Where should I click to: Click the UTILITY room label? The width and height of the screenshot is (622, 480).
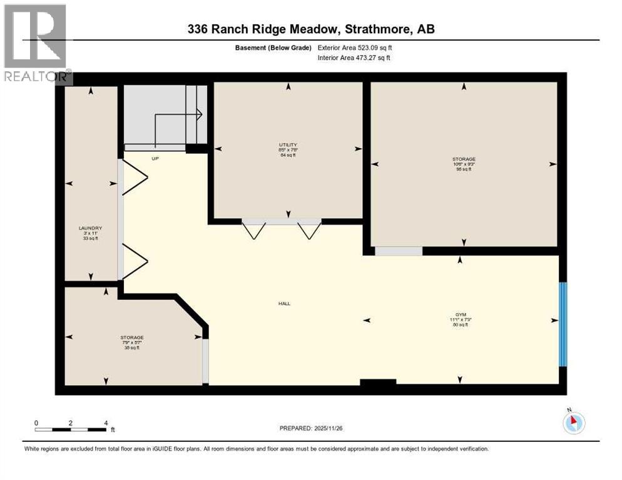[x=288, y=145]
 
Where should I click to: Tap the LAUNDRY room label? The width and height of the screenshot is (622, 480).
[x=91, y=228]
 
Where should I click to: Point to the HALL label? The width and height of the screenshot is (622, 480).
[x=285, y=304]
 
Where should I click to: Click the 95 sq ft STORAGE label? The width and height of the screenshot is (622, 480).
[x=463, y=159]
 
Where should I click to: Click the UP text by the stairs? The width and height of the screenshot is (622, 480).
[x=155, y=159]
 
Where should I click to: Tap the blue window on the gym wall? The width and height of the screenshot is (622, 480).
[x=563, y=324]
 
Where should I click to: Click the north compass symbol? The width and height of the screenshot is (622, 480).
[x=573, y=422]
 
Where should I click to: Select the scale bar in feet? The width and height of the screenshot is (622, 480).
[x=71, y=429]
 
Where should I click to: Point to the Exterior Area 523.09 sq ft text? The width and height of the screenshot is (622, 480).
[x=355, y=47]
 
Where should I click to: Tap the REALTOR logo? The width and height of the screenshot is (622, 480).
[x=36, y=44]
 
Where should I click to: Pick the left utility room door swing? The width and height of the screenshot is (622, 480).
[x=253, y=231]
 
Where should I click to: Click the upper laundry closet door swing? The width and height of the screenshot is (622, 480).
[x=135, y=177]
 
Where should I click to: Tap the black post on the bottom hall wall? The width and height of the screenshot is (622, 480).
[x=378, y=382]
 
